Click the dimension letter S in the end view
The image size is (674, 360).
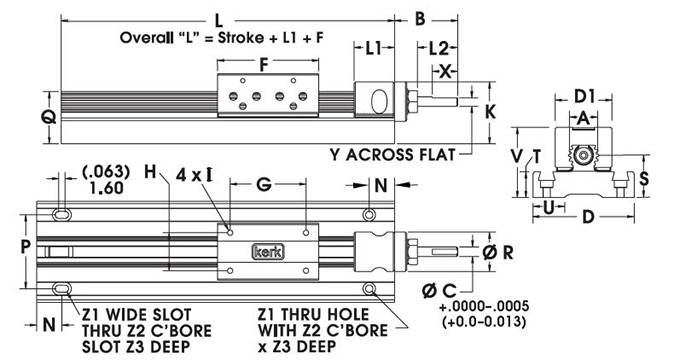pyautogui.click(x=644, y=177)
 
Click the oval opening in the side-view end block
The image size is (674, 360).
pyautogui.click(x=381, y=102)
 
